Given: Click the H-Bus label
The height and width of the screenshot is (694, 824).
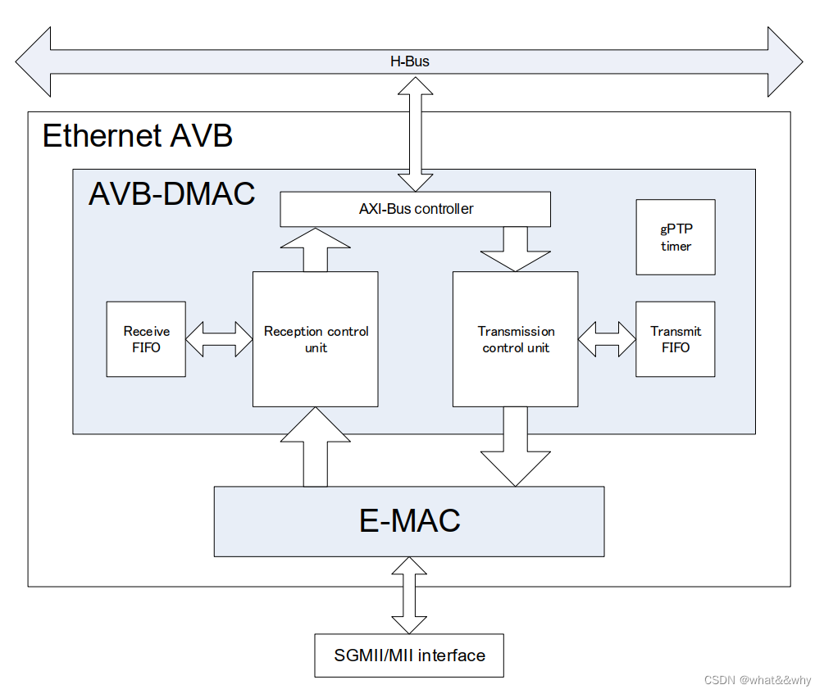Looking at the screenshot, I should click(409, 61).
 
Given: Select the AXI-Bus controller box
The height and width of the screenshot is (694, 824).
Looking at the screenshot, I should click(415, 209).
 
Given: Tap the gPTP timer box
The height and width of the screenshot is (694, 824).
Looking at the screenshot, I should click(676, 238).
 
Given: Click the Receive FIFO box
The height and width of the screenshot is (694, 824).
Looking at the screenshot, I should click(146, 339).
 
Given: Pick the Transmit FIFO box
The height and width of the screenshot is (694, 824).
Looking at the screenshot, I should click(676, 339).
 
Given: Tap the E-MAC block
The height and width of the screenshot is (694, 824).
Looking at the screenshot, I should click(409, 521).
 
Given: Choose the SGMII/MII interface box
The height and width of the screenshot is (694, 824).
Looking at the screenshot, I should click(409, 655).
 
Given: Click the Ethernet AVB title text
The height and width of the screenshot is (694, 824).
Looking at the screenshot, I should click(137, 135).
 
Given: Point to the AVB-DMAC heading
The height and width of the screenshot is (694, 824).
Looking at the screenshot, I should click(171, 193).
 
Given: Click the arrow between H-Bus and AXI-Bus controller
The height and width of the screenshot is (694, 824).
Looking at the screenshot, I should click(415, 131).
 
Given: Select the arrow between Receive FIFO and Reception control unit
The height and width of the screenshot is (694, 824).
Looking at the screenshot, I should click(219, 339).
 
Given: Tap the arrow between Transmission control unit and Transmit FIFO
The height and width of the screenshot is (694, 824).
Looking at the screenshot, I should click(607, 339).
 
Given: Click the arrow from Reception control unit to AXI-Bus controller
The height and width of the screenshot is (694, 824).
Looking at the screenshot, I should click(316, 249).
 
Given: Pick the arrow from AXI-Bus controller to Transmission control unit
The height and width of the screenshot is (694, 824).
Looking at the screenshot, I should click(516, 249).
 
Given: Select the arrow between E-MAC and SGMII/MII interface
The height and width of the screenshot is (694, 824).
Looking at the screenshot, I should click(409, 595).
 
